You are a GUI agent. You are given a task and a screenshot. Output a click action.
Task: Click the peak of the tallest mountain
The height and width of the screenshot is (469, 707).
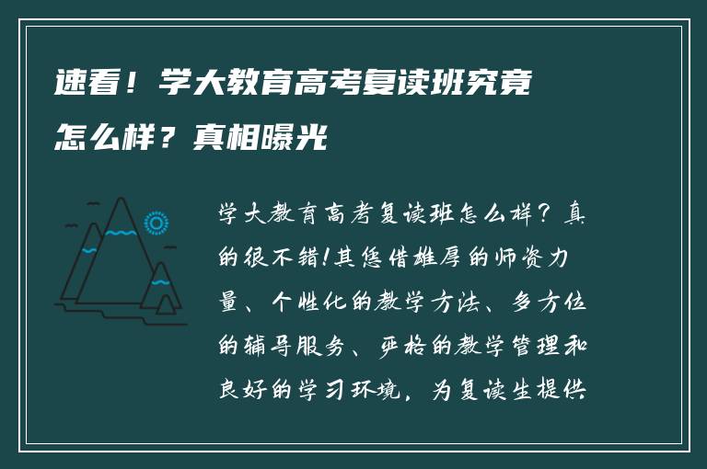119,201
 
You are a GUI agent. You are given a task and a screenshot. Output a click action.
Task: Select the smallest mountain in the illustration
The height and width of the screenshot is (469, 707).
162,290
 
